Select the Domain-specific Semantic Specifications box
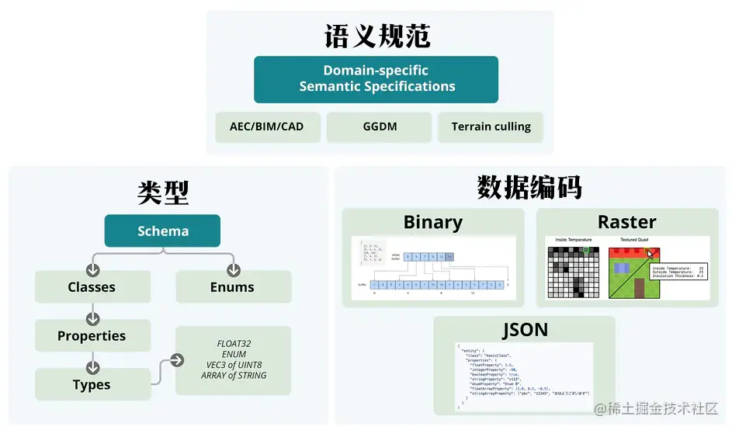(x=376, y=78)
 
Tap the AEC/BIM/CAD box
(x=267, y=127)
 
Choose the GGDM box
(x=378, y=127)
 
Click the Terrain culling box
(x=491, y=127)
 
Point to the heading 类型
(x=163, y=192)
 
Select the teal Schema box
(x=162, y=231)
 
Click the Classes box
(x=92, y=287)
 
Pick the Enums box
(x=232, y=287)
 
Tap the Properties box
(x=92, y=336)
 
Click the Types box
(x=92, y=385)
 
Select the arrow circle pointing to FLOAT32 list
(x=176, y=360)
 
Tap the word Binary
(x=432, y=222)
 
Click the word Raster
(x=626, y=222)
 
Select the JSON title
(x=524, y=329)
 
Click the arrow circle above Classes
(x=93, y=270)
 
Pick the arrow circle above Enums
(x=233, y=270)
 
